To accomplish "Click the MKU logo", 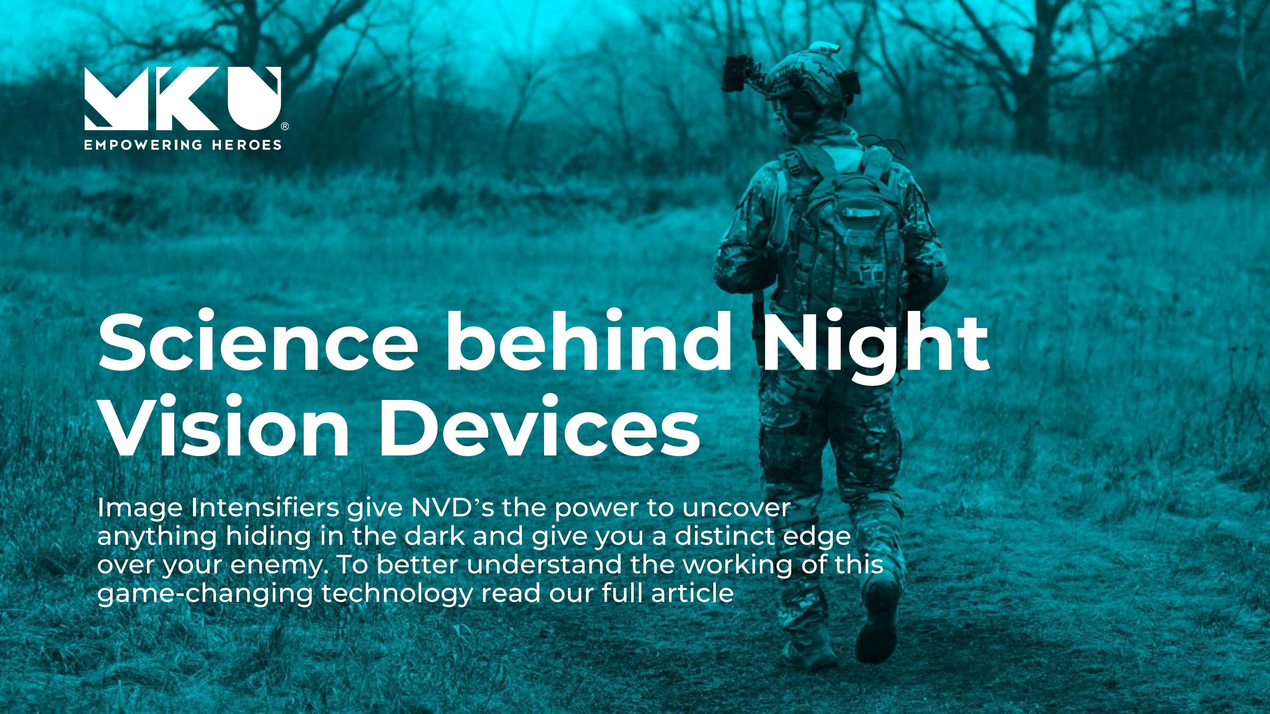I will (x=183, y=99).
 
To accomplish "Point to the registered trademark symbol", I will (x=284, y=127).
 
